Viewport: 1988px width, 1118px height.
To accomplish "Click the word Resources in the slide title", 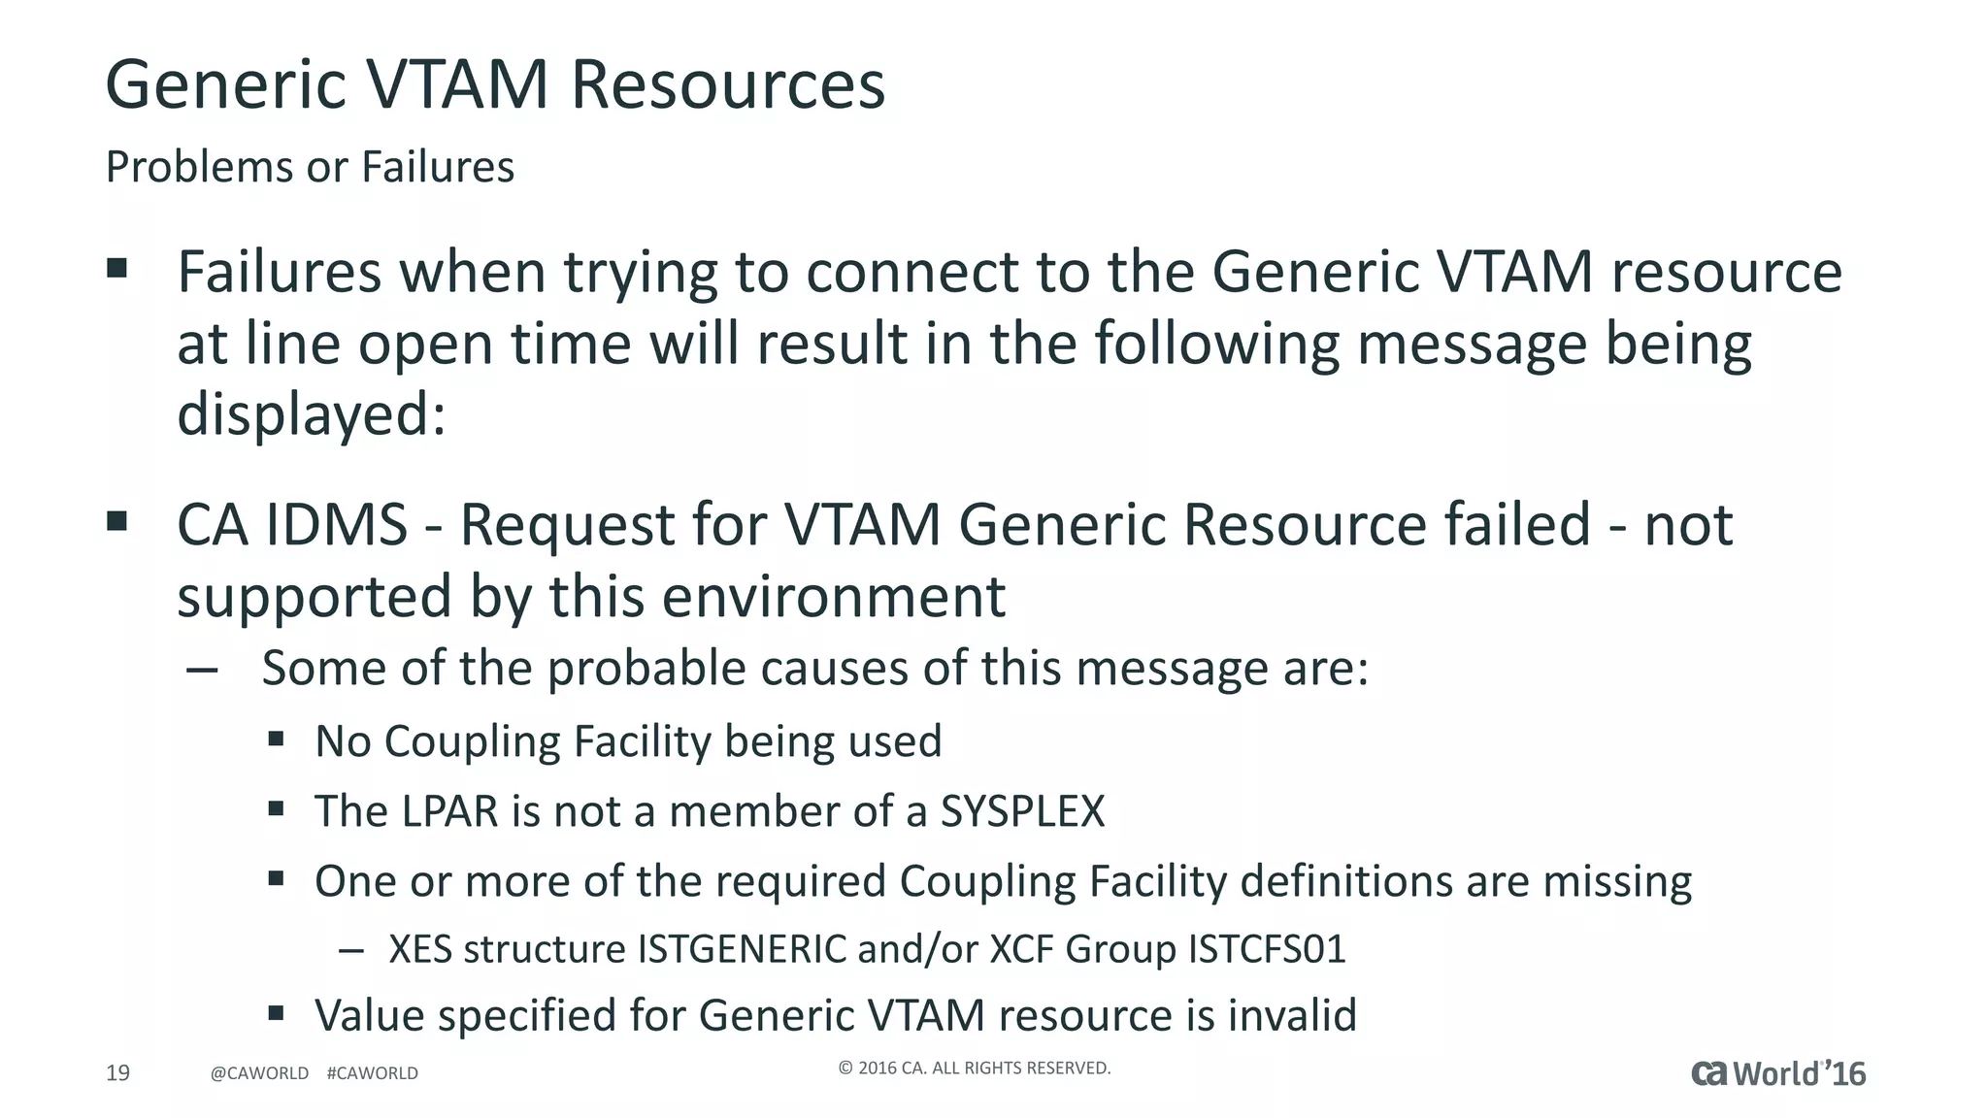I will [727, 84].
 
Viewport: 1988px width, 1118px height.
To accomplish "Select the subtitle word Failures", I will [438, 167].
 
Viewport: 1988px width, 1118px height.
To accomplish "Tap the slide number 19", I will [117, 1072].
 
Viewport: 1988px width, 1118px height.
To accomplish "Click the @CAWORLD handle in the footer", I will [259, 1073].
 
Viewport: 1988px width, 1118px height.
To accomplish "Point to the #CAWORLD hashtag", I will [373, 1073].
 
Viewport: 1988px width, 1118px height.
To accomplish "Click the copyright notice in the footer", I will [974, 1069].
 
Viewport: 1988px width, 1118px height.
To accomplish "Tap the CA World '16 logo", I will [1778, 1073].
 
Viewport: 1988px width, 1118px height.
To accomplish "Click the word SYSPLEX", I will [1022, 811].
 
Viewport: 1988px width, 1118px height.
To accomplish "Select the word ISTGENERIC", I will [742, 949].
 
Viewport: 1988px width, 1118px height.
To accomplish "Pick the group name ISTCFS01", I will [1267, 949].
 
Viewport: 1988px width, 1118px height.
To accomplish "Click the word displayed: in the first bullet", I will [311, 414].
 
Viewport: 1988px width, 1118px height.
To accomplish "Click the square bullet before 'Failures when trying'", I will [117, 268].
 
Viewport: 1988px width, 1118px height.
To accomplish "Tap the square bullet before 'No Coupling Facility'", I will [277, 740].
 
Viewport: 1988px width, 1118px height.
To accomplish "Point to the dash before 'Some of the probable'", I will [202, 670].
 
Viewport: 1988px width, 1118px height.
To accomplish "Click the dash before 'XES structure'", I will [350, 950].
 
